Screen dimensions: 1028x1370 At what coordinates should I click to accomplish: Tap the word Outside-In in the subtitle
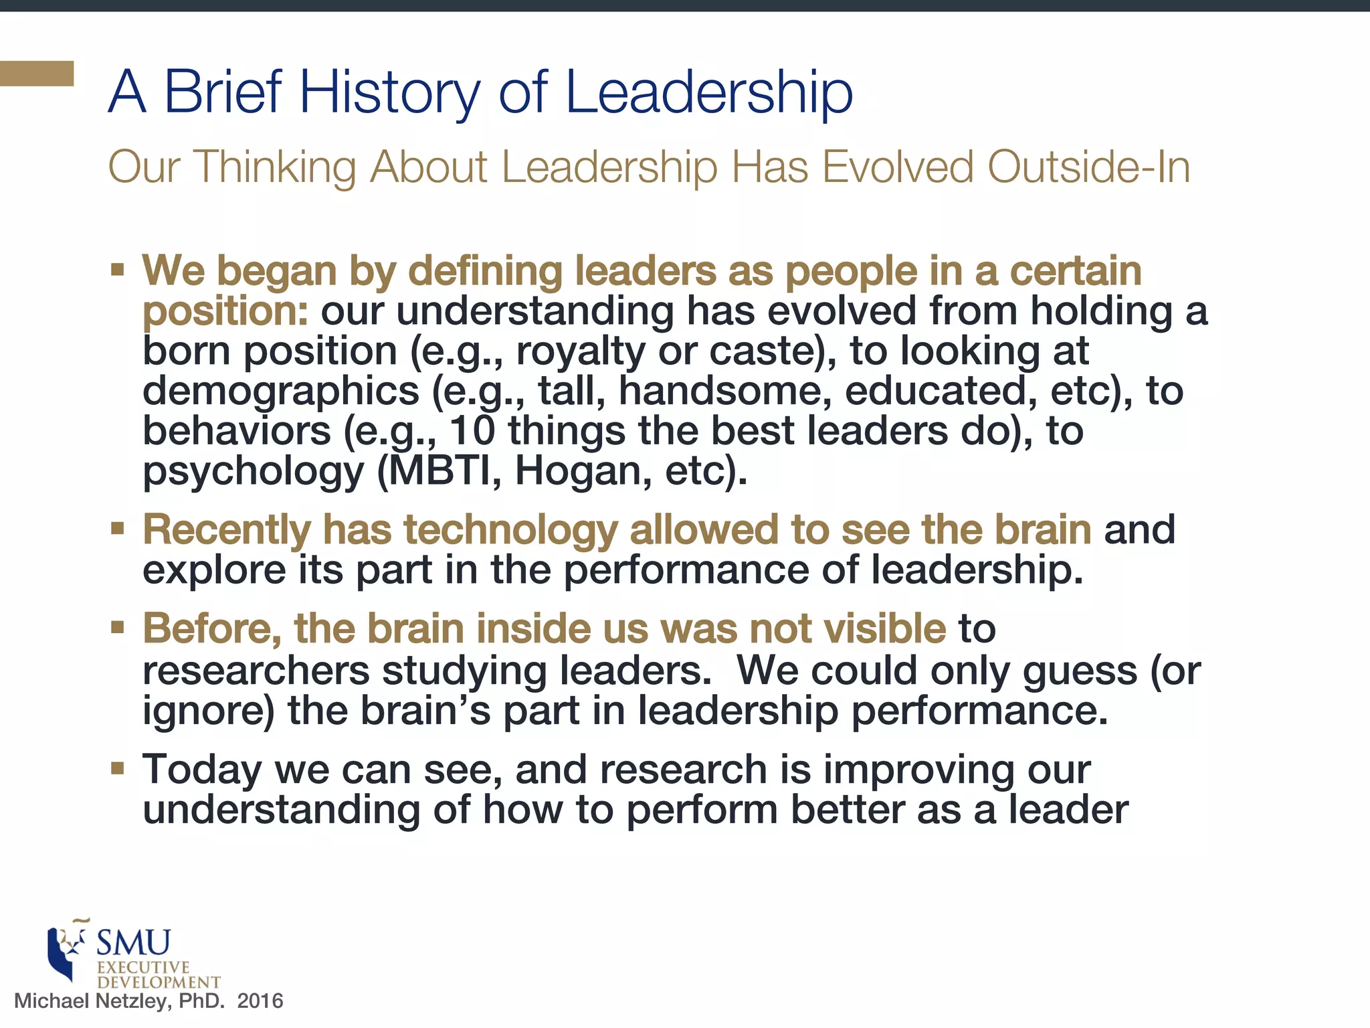tap(1089, 167)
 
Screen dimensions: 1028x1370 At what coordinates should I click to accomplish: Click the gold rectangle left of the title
tap(37, 74)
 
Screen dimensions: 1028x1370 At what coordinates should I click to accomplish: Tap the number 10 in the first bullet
tap(472, 430)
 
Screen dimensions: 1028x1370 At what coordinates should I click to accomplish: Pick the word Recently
tap(226, 529)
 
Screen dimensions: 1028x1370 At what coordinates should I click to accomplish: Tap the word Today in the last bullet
tap(201, 769)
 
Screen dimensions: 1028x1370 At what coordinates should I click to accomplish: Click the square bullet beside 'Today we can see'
tap(118, 768)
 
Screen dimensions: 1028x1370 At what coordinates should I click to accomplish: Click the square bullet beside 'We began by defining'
tap(118, 270)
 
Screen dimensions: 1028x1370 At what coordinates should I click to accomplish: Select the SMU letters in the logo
tap(134, 944)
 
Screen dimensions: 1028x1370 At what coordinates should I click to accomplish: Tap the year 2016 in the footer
tap(260, 1001)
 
